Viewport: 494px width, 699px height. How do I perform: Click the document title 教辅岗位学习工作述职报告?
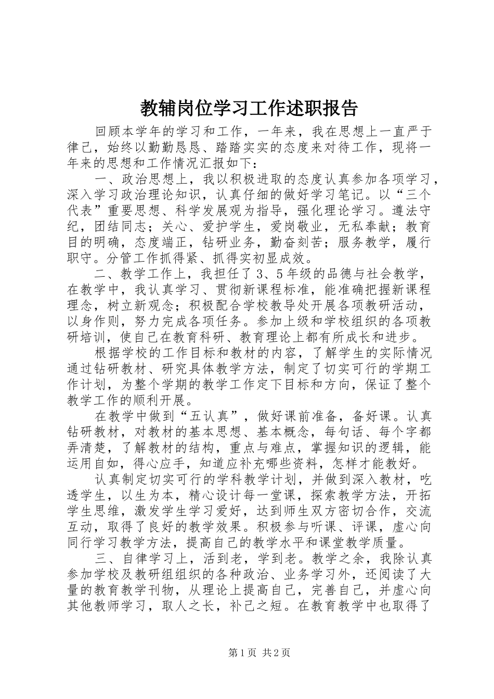(x=249, y=108)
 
